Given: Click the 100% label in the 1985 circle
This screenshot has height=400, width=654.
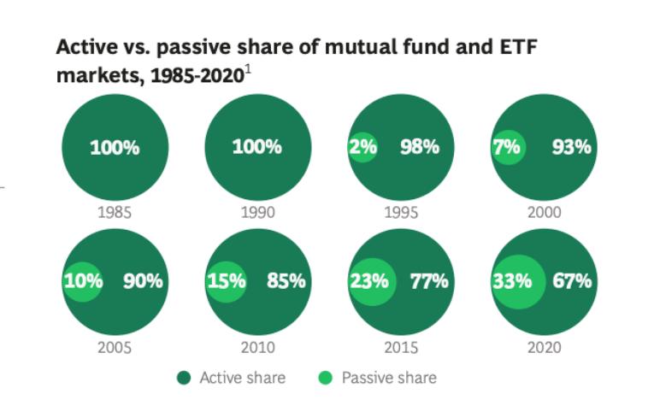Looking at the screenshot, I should (x=115, y=147).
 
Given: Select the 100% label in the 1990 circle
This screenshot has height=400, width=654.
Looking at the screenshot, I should (x=256, y=147).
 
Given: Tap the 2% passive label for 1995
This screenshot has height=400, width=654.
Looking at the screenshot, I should (x=363, y=147).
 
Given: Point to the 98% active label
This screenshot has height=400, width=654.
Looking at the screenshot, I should (x=419, y=147).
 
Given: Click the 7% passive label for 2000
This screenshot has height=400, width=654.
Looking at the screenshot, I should (x=506, y=147).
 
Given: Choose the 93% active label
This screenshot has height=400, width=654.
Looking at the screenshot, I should (x=571, y=147).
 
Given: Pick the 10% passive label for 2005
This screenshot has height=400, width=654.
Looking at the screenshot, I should (x=83, y=281).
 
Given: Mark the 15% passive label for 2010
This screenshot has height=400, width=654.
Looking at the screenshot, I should (x=227, y=281).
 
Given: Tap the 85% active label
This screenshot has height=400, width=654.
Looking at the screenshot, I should (x=286, y=281).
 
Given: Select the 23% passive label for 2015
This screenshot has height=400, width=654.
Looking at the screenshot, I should (x=368, y=281).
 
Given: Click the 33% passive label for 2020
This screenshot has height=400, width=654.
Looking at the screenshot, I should (x=511, y=281).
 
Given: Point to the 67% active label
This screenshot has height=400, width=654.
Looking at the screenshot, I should (x=571, y=281).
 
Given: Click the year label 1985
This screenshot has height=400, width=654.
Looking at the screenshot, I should (x=114, y=212).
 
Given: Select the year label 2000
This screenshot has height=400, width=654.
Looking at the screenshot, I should (x=543, y=212).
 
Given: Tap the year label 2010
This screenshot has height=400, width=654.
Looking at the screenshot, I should (x=256, y=347).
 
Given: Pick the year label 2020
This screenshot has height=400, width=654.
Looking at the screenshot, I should (x=543, y=347).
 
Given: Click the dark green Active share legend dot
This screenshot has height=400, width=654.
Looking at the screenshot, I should (x=183, y=377).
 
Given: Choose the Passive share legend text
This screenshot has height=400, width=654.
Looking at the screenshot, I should (x=388, y=377).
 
